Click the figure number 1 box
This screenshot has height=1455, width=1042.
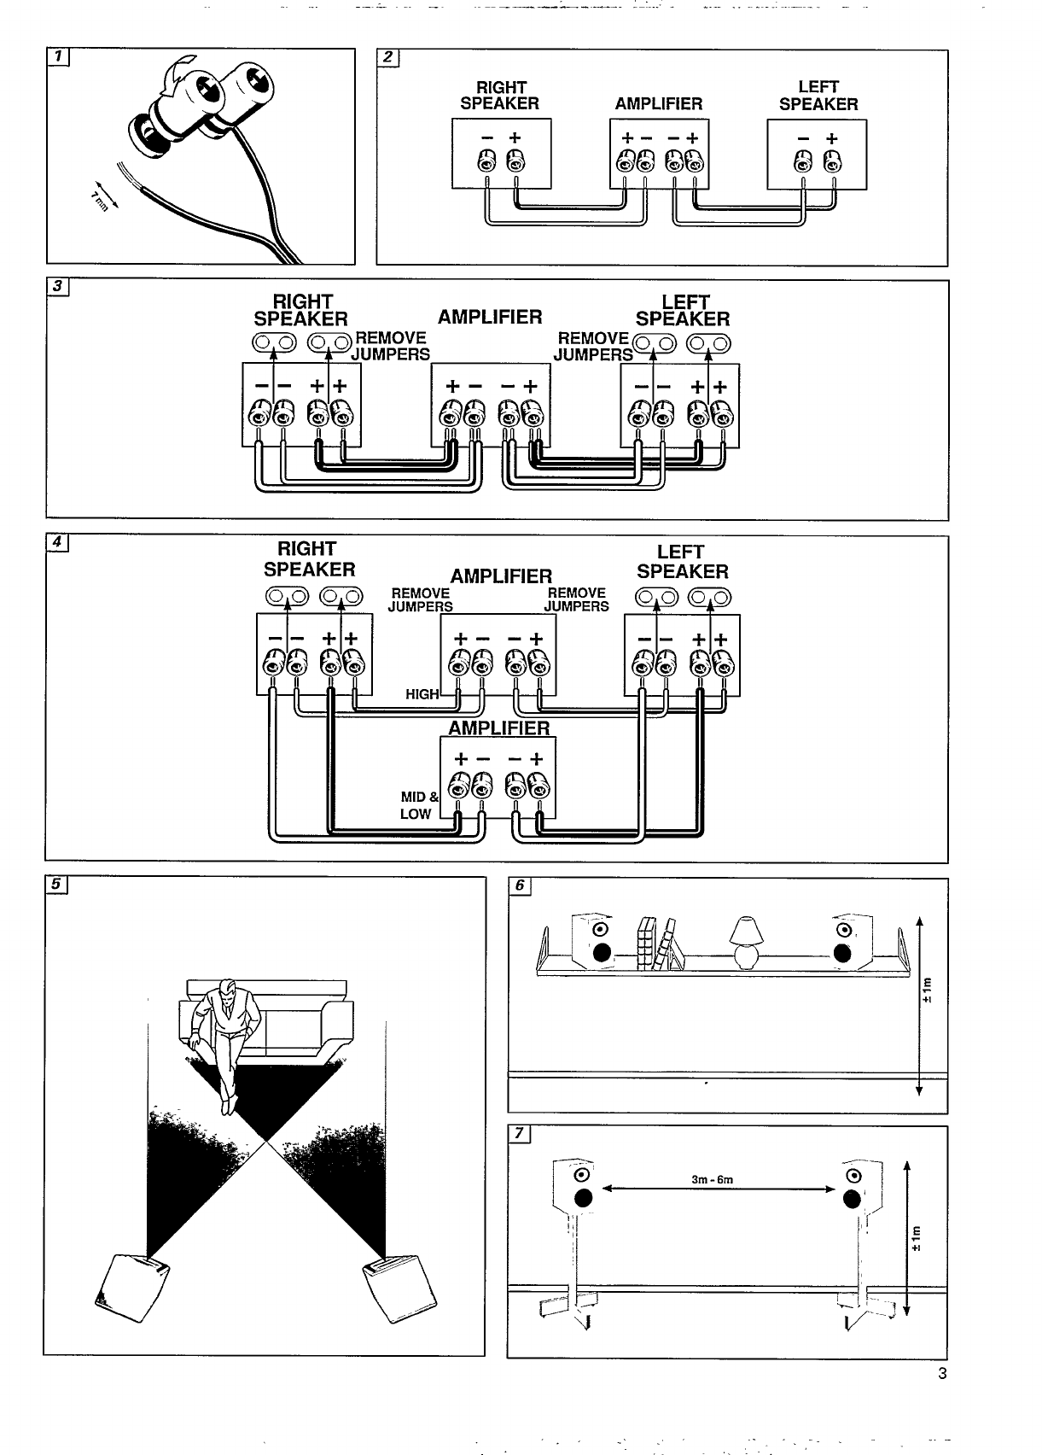tap(58, 57)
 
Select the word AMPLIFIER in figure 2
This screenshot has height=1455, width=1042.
tap(658, 104)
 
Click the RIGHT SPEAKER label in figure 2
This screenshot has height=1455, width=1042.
tap(500, 96)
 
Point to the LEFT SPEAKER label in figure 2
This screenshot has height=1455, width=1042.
tap(818, 96)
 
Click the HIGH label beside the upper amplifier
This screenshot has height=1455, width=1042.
tap(422, 694)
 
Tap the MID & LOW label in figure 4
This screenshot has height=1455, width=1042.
tap(418, 805)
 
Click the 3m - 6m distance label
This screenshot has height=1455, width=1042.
tap(712, 1180)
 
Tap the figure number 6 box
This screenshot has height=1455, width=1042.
tap(519, 886)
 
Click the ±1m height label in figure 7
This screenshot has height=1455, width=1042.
tap(917, 1238)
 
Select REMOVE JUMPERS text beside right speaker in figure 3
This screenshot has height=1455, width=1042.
tap(391, 346)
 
